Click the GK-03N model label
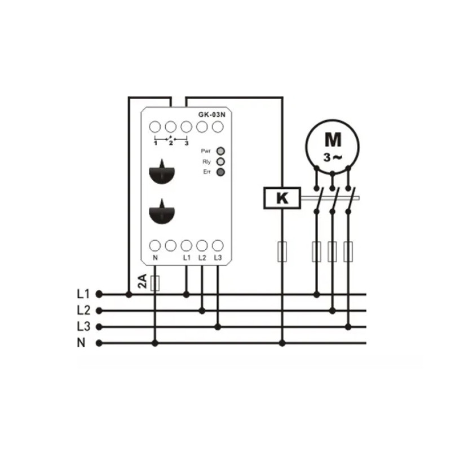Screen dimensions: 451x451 coord(212,114)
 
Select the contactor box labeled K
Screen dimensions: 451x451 coord(282,198)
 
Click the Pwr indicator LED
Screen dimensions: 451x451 coord(220,151)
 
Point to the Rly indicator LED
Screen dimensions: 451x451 coord(220,162)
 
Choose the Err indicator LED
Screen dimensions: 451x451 coord(220,172)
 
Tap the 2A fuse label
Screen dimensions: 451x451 coord(143,281)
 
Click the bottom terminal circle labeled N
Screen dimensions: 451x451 coord(155,246)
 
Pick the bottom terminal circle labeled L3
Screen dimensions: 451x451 coord(218,246)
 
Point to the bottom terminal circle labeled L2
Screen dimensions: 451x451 coord(202,246)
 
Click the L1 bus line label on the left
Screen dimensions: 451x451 coord(83,294)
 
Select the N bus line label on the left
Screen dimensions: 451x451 coord(81,343)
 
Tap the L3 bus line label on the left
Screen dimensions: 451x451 coord(83,326)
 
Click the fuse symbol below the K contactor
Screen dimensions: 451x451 coord(282,251)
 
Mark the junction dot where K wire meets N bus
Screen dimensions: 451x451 coord(282,343)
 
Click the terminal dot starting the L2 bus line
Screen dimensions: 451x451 coord(99,311)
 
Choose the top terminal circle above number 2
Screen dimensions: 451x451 coord(171,126)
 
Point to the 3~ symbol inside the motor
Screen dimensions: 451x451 coord(333,157)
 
